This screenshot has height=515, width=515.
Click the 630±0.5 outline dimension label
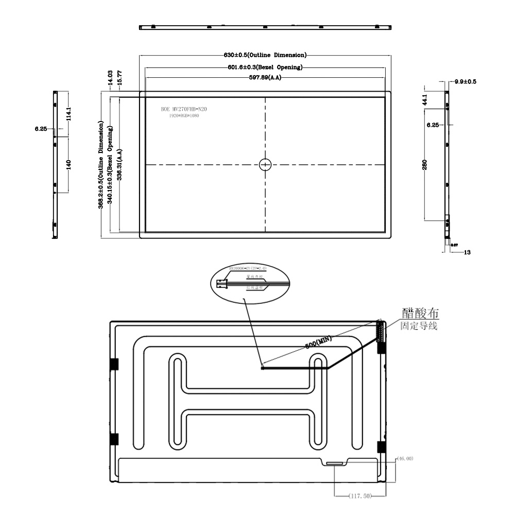264,55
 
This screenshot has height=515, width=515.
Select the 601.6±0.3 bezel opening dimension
265,67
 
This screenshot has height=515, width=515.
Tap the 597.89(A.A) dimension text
265,77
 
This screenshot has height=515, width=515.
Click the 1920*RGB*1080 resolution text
184,116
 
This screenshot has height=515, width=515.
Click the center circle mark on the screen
265,165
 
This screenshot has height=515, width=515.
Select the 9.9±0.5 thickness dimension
465,82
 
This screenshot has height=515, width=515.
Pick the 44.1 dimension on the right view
425,99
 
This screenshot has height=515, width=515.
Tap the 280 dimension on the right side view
425,165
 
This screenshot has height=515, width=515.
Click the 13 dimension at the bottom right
467,252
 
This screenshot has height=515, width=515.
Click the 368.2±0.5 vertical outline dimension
101,165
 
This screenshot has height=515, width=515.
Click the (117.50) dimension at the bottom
360,496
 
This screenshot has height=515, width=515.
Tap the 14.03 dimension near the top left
110,77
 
